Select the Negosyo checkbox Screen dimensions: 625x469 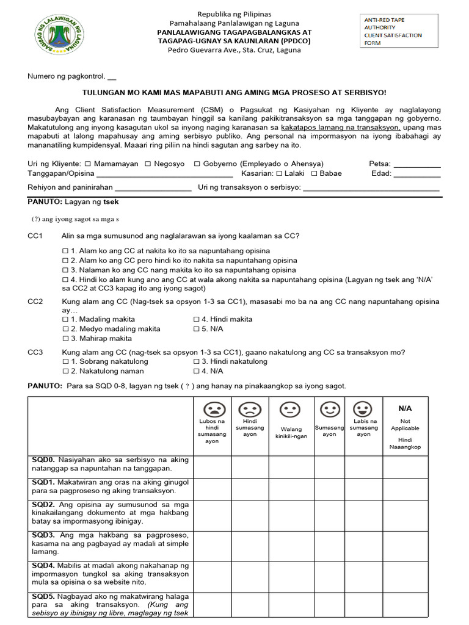coord(148,164)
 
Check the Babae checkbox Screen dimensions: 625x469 coord(314,173)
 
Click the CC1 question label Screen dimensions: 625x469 coord(35,236)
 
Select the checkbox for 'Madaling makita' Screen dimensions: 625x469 coord(65,319)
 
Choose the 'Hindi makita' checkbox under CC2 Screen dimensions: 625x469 coord(197,319)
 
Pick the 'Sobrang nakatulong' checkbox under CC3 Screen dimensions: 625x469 coord(65,361)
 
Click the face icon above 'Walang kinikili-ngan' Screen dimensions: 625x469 coord(291,410)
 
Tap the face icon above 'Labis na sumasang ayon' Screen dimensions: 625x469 coord(363,408)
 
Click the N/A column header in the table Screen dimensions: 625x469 coord(405,408)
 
